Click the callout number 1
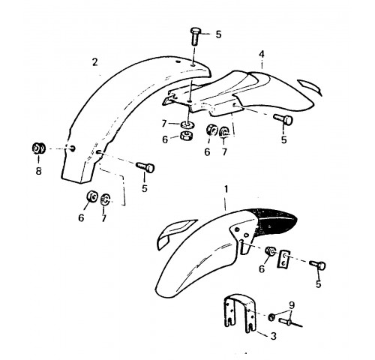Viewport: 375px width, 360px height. tap(226, 189)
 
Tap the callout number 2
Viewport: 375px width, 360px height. tap(94, 62)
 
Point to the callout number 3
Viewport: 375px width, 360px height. tap(274, 336)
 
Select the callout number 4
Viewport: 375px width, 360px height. tap(262, 54)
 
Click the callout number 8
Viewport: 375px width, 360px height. tap(38, 171)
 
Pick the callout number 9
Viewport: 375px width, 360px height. tap(292, 305)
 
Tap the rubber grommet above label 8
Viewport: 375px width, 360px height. tap(38, 148)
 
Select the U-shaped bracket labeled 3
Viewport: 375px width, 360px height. tap(240, 313)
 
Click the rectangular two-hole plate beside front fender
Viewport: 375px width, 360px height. tap(283, 259)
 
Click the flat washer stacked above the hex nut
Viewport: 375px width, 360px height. tap(188, 124)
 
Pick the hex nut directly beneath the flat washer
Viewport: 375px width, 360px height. tap(187, 136)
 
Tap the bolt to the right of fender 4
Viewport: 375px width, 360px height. tap(283, 119)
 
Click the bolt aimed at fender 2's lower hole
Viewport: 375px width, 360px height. tap(145, 166)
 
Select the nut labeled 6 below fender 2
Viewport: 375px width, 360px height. tap(91, 196)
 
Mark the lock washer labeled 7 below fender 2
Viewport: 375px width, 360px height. tap(105, 199)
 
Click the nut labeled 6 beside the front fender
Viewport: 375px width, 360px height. tap(271, 250)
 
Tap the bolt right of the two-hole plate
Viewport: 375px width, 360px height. tap(317, 265)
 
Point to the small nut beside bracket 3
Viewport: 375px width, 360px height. tap(271, 316)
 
